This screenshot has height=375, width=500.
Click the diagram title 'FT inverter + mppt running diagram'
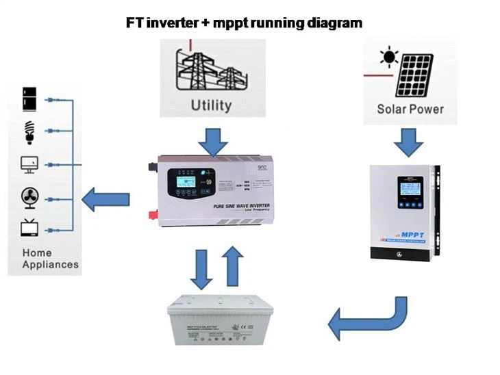[x=244, y=23]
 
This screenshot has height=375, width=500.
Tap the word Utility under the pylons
[x=211, y=105]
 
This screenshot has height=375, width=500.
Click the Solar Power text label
[x=410, y=109]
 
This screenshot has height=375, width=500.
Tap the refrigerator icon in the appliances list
[x=29, y=100]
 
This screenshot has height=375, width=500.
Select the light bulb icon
[x=29, y=131]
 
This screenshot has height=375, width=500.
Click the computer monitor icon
[x=29, y=165]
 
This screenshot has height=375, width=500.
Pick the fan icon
[x=29, y=198]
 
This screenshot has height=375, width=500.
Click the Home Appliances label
[x=50, y=259]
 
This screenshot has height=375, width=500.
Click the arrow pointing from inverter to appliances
[x=105, y=200]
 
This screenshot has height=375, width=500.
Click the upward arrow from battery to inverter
[x=233, y=266]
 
